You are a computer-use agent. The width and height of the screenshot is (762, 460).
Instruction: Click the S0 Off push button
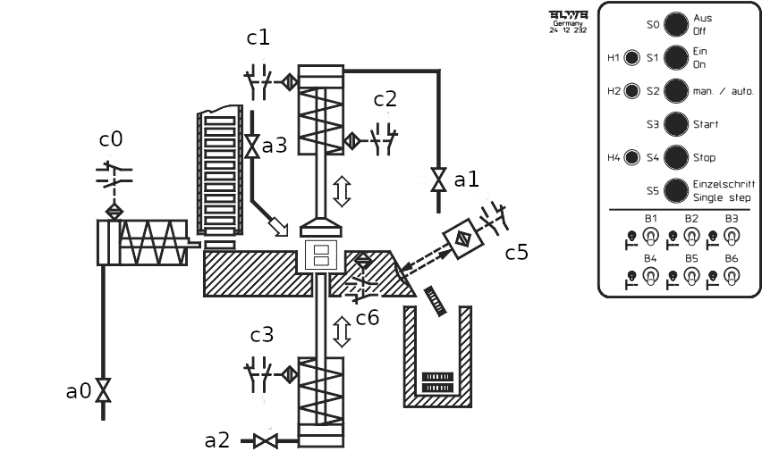click(x=677, y=25)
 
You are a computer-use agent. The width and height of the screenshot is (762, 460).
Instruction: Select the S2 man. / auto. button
click(x=677, y=91)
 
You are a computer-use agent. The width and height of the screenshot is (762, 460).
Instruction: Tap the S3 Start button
click(x=677, y=124)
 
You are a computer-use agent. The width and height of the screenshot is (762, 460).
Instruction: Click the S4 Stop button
click(x=677, y=158)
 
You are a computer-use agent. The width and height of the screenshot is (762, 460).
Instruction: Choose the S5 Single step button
click(x=677, y=190)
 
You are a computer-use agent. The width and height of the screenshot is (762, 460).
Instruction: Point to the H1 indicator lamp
click(x=632, y=59)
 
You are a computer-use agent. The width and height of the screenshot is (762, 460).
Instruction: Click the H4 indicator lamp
click(x=632, y=158)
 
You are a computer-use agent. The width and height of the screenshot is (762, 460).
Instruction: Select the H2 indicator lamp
click(x=632, y=91)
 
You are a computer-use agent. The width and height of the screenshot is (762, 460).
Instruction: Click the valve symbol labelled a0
click(x=103, y=390)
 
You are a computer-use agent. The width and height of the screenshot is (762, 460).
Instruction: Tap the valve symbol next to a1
click(x=438, y=180)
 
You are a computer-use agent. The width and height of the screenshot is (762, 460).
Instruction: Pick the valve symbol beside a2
click(x=266, y=440)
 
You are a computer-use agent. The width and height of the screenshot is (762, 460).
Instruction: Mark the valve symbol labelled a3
click(x=252, y=145)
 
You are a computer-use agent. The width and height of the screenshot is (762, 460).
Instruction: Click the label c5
click(x=517, y=253)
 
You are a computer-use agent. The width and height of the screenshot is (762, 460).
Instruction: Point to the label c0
click(x=111, y=140)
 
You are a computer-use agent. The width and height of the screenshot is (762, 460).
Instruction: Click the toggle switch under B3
click(x=731, y=236)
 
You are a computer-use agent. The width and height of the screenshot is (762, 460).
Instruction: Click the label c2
click(x=385, y=100)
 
